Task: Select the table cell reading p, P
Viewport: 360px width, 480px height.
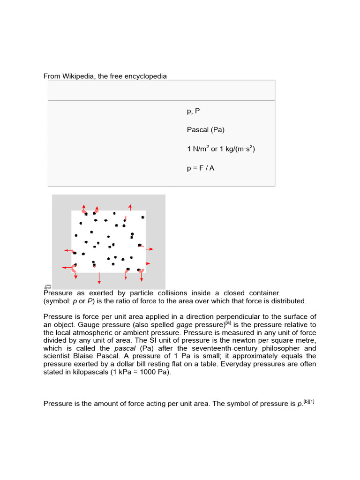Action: (x=193, y=112)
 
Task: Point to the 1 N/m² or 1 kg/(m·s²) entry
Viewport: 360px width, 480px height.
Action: (x=220, y=149)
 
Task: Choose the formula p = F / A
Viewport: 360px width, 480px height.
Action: (x=200, y=168)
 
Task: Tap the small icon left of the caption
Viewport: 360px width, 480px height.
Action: (x=47, y=287)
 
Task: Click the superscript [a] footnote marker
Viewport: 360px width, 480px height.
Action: (x=228, y=323)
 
